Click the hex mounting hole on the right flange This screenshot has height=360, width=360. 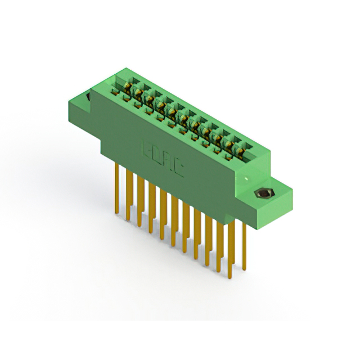262,194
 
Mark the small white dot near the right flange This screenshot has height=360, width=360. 246,179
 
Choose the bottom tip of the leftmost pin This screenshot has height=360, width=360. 116,213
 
